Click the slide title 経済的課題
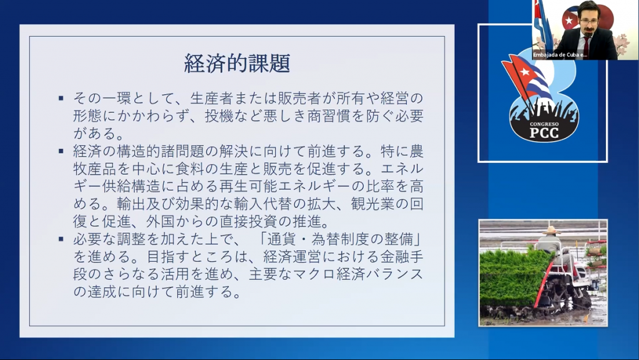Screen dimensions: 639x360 click(x=237, y=63)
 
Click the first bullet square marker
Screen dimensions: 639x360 click(x=61, y=98)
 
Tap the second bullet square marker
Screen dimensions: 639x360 click(x=61, y=151)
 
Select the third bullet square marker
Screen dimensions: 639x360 click(x=61, y=239)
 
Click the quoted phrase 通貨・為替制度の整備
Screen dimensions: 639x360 click(x=341, y=239)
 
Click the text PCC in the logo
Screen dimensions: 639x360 click(x=544, y=133)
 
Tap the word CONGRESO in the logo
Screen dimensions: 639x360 click(x=544, y=124)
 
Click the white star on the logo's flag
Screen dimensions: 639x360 click(x=525, y=72)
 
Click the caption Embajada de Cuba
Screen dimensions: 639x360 click(x=560, y=54)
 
